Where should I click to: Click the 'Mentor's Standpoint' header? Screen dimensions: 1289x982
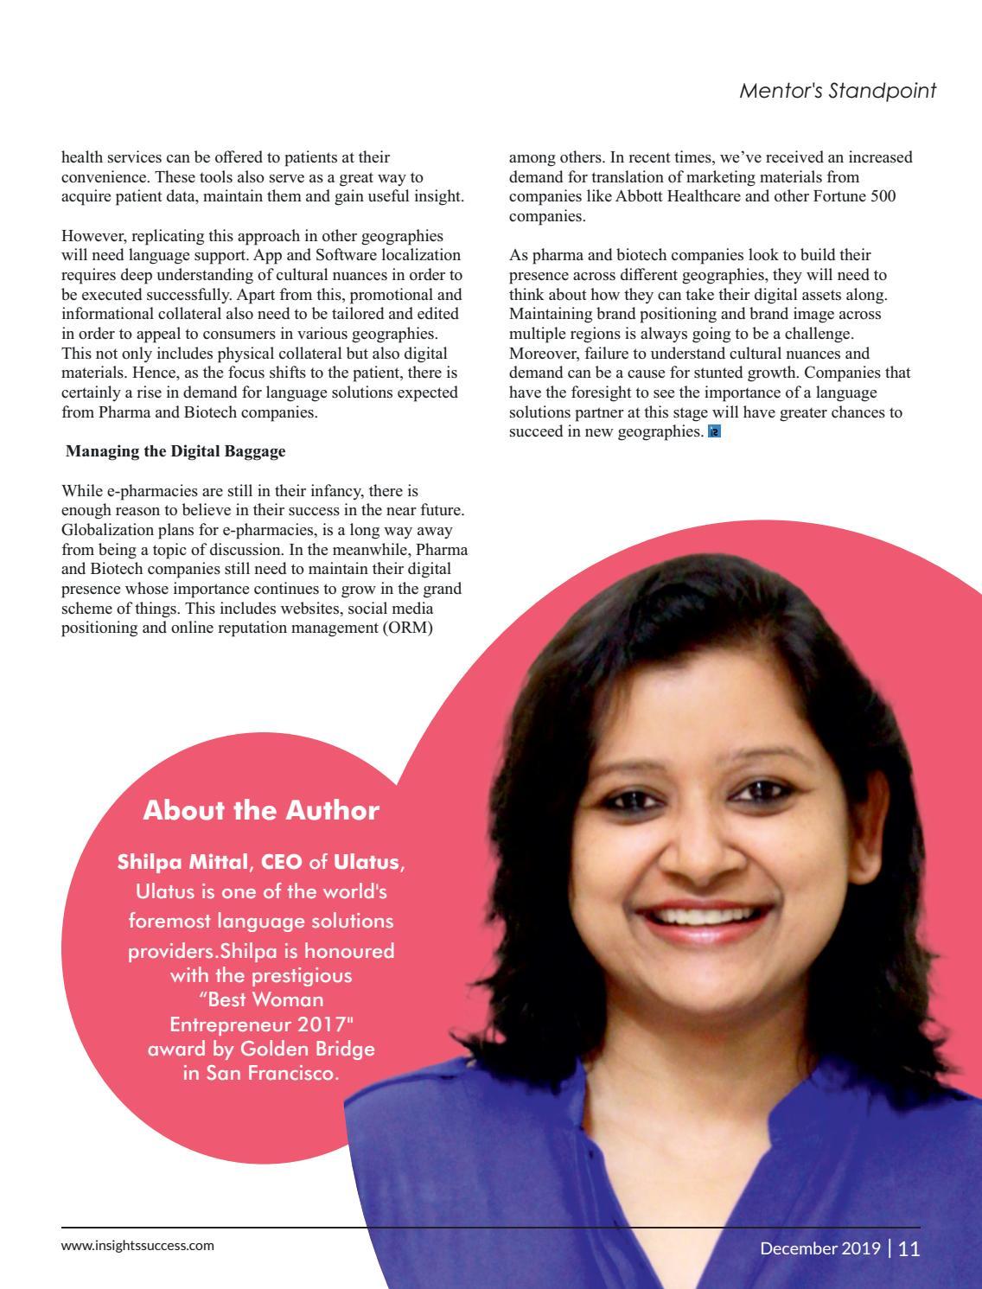click(838, 91)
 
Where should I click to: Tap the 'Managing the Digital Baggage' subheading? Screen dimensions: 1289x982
click(175, 451)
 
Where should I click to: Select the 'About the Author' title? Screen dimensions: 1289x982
click(261, 811)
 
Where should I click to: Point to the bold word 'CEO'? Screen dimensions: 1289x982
click(282, 862)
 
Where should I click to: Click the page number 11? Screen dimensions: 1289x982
click(909, 1248)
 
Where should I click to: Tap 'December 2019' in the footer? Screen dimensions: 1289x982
click(820, 1248)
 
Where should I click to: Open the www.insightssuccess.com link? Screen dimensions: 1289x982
click(137, 1246)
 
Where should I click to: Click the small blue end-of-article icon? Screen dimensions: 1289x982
click(714, 431)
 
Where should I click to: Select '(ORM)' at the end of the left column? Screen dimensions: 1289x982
click(408, 628)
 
